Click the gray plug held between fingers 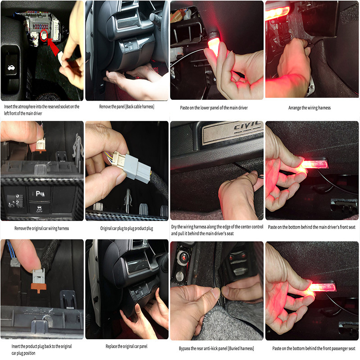tap(135, 167)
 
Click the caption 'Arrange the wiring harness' tap(311, 108)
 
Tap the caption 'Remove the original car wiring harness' tap(41, 228)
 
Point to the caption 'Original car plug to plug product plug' tap(127, 228)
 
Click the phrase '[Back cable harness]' tap(139, 107)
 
